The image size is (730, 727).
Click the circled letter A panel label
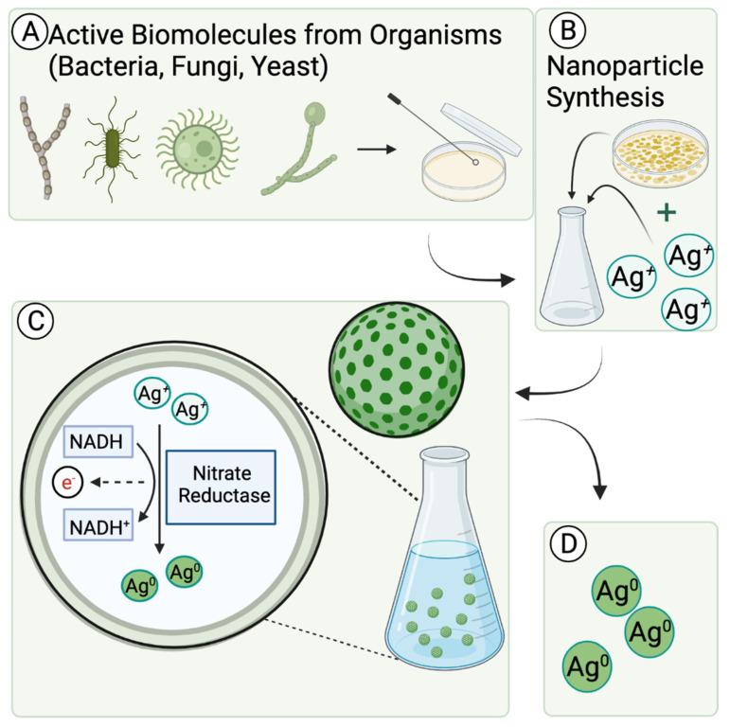tap(29, 36)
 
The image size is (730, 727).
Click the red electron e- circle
tap(66, 483)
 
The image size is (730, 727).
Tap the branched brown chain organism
tap(43, 147)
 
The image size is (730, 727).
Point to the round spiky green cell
tap(198, 147)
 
